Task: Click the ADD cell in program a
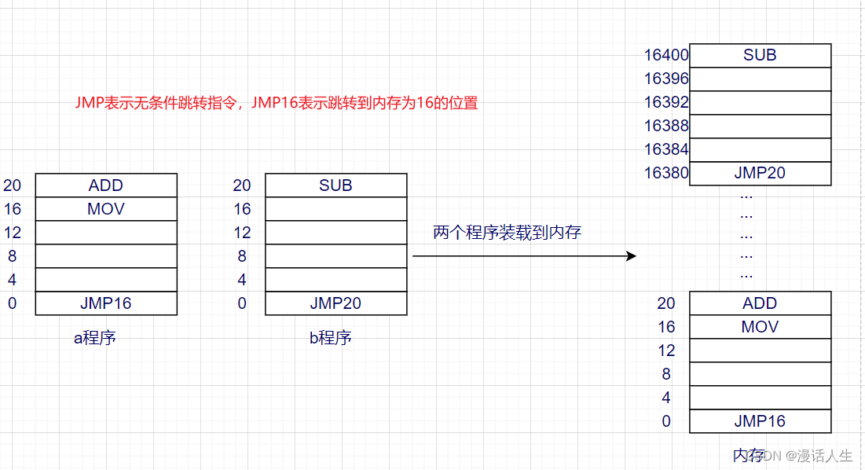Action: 106,185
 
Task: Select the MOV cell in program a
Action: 106,209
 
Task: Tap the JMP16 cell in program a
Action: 106,303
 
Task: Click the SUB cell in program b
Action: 335,185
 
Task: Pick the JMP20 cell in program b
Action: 335,303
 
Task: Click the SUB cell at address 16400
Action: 760,55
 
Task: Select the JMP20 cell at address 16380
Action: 760,173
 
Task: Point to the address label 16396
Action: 666,79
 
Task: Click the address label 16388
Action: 666,126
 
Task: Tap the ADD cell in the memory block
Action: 760,303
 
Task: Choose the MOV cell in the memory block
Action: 760,327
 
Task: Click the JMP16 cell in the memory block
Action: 760,421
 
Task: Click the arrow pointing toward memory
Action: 524,256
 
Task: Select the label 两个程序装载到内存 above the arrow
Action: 507,233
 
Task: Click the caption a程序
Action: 95,338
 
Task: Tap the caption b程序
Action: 330,338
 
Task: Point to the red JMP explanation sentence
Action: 276,103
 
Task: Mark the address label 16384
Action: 666,149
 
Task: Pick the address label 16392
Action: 666,102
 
